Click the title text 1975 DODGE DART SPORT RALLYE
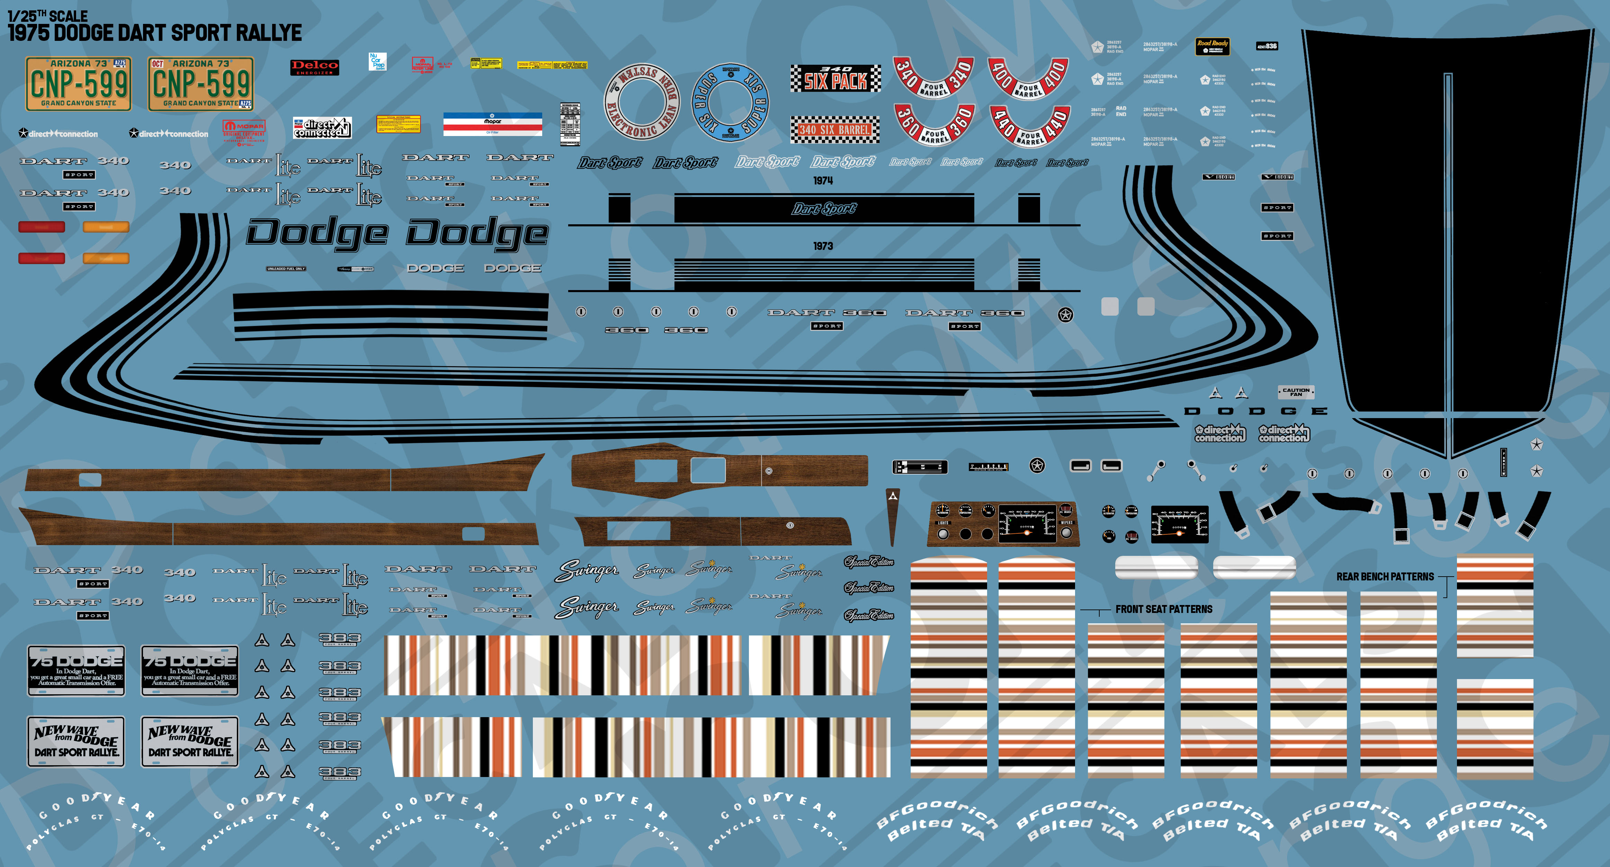click(154, 33)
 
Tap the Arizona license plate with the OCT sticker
click(200, 84)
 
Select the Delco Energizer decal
click(314, 67)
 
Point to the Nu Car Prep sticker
click(377, 61)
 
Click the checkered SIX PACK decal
click(835, 79)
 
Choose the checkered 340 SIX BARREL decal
click(835, 129)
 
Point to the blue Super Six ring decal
click(730, 102)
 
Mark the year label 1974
click(823, 181)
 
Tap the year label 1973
click(823, 246)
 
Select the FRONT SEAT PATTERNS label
click(1164, 609)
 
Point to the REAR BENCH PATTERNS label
click(1385, 577)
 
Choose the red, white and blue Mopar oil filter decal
click(492, 124)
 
